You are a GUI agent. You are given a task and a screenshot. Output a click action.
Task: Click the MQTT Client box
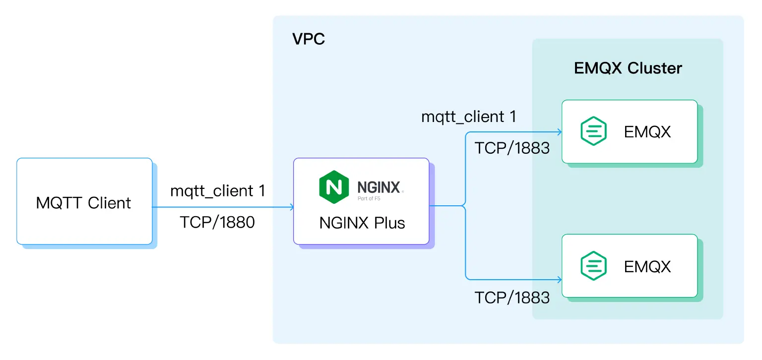coord(84,201)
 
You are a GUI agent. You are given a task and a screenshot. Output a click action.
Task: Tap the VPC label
coord(309,39)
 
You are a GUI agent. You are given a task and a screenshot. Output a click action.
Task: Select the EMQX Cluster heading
coord(628,68)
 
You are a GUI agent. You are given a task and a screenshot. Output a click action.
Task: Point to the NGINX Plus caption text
coord(362,223)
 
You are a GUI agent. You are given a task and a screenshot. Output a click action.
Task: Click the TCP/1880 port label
coord(217,222)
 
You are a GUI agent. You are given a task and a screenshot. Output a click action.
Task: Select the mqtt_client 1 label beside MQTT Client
coord(217,190)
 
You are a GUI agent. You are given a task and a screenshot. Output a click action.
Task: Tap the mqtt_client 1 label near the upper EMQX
coord(468,117)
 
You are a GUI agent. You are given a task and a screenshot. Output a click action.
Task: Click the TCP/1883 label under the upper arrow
coord(512,148)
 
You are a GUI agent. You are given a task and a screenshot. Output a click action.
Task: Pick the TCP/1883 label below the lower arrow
coord(512,297)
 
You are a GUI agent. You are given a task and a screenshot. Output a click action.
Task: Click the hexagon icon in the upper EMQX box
coord(593,131)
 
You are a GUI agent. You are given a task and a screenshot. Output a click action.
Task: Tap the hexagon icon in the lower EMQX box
coord(593,266)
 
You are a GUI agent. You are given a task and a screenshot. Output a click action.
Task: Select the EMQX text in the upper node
coord(647,132)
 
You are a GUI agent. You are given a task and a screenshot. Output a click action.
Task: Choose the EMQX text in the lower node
coord(647,266)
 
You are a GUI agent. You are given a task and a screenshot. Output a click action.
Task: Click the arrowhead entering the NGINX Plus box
coord(291,207)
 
